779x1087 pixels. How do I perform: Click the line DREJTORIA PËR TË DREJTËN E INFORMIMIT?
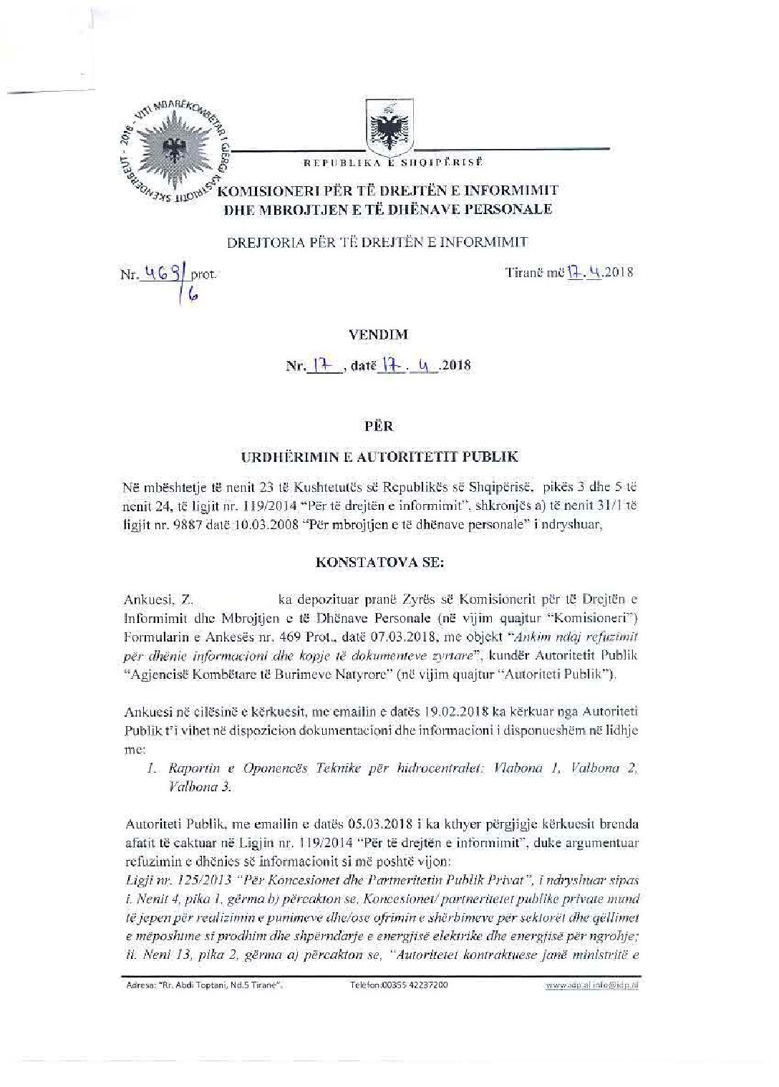(377, 241)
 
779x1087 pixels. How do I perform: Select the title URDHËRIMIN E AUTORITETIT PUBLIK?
(379, 456)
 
